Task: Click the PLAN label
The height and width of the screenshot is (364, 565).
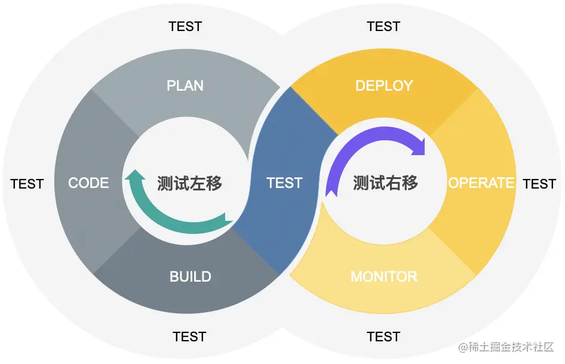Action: coord(185,86)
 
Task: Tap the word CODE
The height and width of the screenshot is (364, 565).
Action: coord(88,183)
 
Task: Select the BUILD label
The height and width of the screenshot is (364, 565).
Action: coord(190,277)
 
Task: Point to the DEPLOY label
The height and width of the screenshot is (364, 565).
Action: coord(383,86)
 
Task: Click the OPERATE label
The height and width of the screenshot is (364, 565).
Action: coord(481,183)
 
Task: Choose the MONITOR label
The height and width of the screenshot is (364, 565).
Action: coord(383,277)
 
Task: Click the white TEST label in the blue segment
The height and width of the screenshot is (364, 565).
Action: coord(284,183)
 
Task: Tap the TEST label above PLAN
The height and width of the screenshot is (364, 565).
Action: coord(185,27)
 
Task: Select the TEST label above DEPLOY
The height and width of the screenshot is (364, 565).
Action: coord(383,27)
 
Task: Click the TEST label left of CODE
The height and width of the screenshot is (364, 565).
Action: coord(27,184)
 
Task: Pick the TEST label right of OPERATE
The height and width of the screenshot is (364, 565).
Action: coord(539,184)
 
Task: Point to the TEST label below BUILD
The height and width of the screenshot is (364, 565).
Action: coord(189,337)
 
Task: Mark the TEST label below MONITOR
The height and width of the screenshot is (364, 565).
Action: coord(383,337)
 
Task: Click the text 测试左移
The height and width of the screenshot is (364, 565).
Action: coord(190,183)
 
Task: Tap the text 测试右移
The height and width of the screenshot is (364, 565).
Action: coord(385,183)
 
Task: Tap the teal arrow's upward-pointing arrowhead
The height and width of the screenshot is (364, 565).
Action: coord(135,177)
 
